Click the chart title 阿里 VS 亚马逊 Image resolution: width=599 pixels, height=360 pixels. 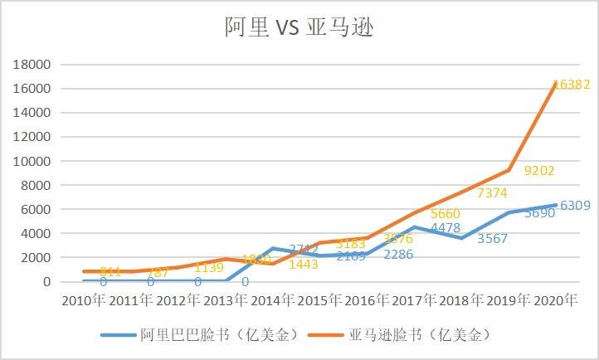pyautogui.click(x=299, y=27)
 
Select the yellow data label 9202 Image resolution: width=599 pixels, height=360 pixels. pyautogui.click(x=539, y=172)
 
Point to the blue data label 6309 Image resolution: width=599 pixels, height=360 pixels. pyautogui.click(x=574, y=206)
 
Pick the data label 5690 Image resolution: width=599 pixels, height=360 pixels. pyautogui.click(x=540, y=213)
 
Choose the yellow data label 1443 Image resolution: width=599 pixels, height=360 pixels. pyautogui.click(x=303, y=265)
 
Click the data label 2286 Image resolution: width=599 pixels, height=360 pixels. pyautogui.click(x=399, y=255)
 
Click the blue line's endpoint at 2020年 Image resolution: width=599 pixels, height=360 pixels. pyautogui.click(x=554, y=205)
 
